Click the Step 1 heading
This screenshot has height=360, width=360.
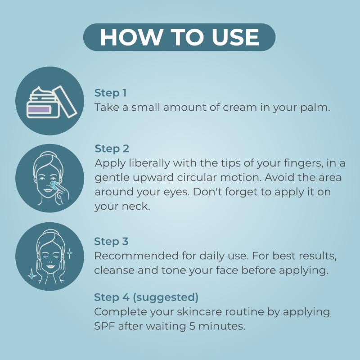pos(110,93)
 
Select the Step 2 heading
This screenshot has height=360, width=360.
pos(112,148)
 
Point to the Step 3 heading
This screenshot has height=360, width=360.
pos(111,241)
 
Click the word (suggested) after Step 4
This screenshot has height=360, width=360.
pos(166,297)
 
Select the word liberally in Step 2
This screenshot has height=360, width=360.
pos(149,163)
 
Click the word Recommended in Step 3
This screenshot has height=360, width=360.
pos(136,256)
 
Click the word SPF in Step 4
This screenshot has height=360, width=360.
pos(104,326)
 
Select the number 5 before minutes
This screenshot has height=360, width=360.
pos(193,326)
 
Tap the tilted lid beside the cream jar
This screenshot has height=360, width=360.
pos(65,101)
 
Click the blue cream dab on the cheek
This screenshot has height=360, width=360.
pos(54,185)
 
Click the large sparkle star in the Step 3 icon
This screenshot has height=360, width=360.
pos(32,274)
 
